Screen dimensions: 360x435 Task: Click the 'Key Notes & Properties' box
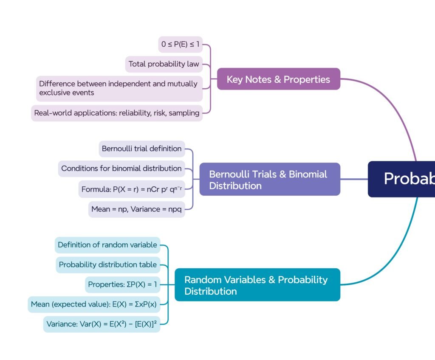click(x=278, y=79)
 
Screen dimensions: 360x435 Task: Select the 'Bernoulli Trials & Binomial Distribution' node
click(x=270, y=179)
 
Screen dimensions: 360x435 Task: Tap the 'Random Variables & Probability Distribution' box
click(x=257, y=285)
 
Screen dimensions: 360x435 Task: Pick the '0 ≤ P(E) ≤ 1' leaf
click(x=180, y=44)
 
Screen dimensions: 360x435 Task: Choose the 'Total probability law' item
click(x=164, y=64)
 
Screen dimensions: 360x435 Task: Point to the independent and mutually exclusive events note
click(x=119, y=88)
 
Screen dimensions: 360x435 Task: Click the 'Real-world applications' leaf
click(x=117, y=113)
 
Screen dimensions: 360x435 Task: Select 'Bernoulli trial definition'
click(x=142, y=149)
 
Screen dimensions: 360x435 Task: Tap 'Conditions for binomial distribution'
click(x=121, y=169)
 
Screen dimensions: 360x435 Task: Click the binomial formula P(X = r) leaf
click(x=132, y=189)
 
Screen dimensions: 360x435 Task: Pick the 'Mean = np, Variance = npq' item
click(x=136, y=209)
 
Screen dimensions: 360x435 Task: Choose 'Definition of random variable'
click(x=107, y=245)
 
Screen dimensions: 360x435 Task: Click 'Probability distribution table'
click(x=108, y=265)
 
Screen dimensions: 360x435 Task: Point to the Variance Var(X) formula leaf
click(x=102, y=324)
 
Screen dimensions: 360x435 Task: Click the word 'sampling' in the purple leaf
click(x=184, y=113)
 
